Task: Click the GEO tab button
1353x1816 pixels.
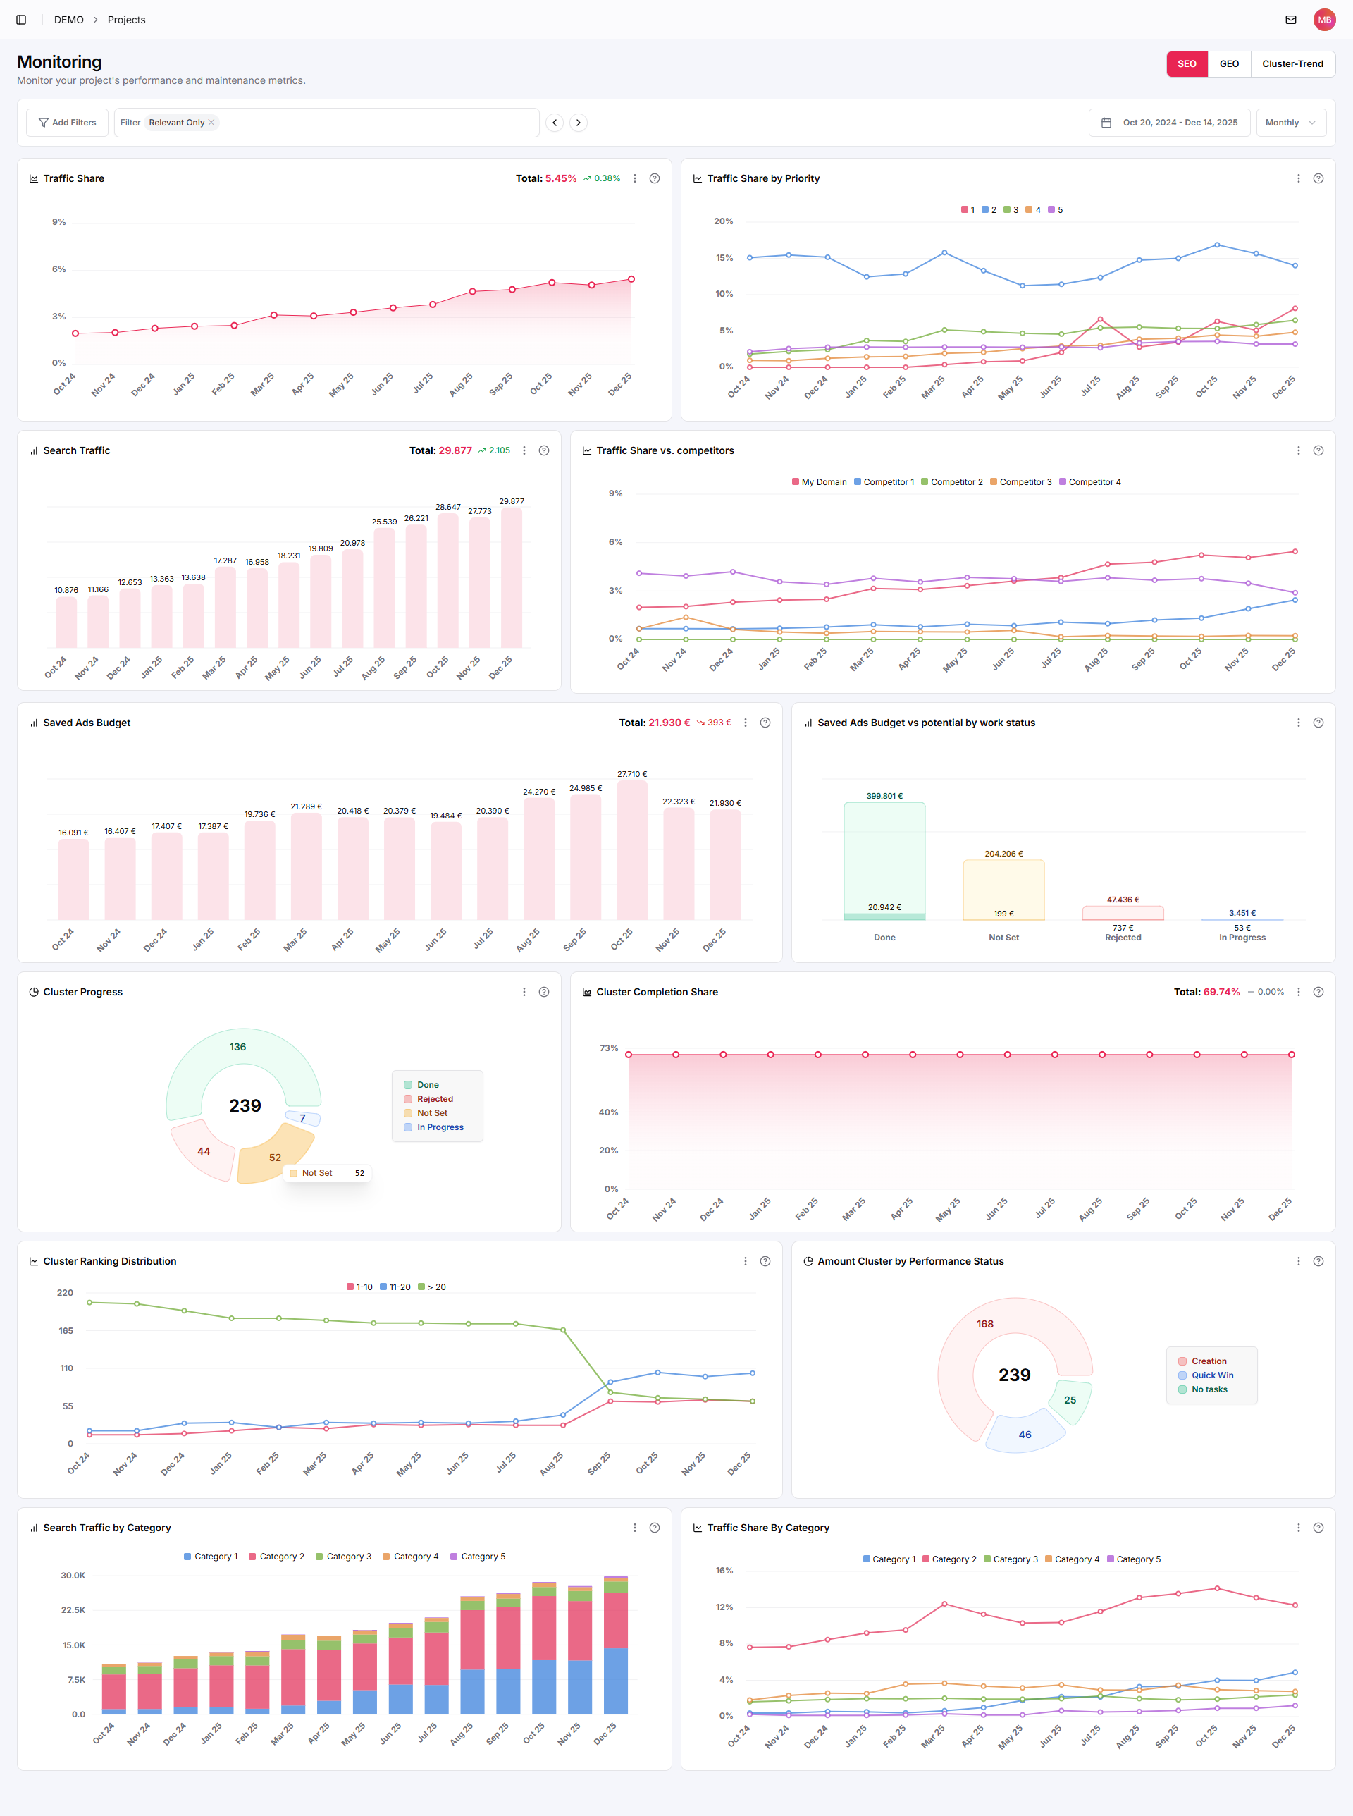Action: tap(1228, 64)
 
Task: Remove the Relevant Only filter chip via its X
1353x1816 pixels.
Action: tap(211, 123)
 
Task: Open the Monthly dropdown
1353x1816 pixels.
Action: tap(1290, 123)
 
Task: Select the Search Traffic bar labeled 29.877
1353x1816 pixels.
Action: tap(512, 577)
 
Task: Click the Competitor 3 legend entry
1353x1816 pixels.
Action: tap(1020, 482)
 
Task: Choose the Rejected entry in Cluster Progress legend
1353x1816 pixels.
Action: tap(434, 1099)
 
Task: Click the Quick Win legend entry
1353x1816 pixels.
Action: tap(1211, 1375)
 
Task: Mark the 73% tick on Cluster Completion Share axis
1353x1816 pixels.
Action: tap(609, 1048)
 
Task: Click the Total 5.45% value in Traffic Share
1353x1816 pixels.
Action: tap(560, 178)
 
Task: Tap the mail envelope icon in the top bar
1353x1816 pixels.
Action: tap(1291, 20)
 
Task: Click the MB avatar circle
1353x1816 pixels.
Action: tap(1324, 20)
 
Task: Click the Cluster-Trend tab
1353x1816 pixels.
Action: tap(1292, 64)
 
